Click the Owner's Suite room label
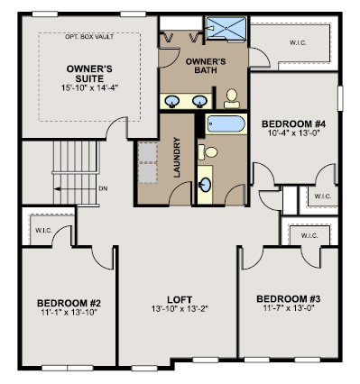tap(89, 74)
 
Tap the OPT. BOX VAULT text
tap(89, 37)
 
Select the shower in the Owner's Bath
tap(226, 28)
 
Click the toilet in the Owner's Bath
tap(232, 98)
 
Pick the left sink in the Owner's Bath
tap(172, 101)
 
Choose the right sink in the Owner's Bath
tap(199, 101)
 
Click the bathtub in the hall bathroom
tap(226, 123)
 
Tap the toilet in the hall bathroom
tap(208, 151)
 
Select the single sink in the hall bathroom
tap(206, 185)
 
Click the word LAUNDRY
tap(177, 157)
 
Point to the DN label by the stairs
tap(103, 188)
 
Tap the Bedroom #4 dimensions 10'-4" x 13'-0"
tap(293, 133)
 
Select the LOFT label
tap(180, 299)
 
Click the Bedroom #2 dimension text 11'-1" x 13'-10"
tap(69, 312)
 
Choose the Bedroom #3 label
tap(289, 299)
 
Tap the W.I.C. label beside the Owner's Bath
tap(298, 42)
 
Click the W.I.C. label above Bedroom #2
tap(44, 231)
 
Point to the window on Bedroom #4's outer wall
tap(340, 98)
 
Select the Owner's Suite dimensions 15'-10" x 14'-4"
tap(89, 87)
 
